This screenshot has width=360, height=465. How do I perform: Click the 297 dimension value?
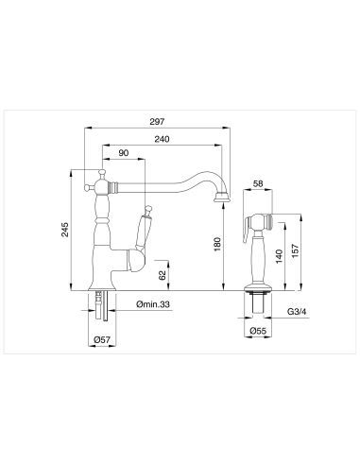(157, 121)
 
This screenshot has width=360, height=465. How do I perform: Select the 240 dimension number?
(162, 139)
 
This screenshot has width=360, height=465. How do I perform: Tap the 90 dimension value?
(124, 153)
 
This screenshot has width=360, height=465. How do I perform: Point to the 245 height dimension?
(64, 230)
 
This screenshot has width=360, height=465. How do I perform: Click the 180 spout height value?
(217, 245)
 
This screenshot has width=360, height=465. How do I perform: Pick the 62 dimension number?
(163, 275)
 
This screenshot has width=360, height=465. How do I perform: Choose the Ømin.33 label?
(153, 304)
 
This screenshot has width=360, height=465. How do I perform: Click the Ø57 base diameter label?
(102, 339)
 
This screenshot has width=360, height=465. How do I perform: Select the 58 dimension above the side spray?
(258, 183)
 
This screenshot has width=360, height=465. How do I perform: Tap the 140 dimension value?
(279, 256)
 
